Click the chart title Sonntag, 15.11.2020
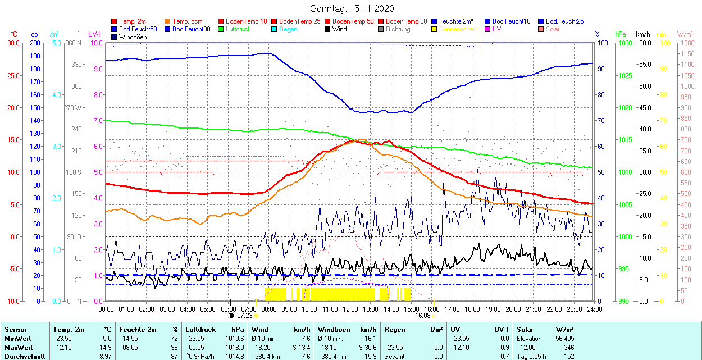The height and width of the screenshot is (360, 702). coord(352,8)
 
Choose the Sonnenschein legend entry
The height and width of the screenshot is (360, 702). coord(458,29)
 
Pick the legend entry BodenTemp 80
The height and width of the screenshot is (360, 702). coord(407,21)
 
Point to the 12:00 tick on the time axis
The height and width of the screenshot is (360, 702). coord(350,309)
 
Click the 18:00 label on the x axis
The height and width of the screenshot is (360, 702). coord(472,309)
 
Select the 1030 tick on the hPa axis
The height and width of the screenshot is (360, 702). coord(623,43)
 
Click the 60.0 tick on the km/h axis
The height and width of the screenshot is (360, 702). coord(643,43)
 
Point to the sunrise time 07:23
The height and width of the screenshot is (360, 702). coord(245,316)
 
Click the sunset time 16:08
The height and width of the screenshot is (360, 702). coord(422,316)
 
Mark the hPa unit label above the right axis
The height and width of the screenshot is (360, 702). coord(621,34)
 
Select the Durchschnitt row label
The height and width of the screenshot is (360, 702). coord(22,356)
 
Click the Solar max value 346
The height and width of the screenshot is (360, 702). coord(568,347)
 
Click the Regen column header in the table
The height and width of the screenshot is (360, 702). coord(394,330)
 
